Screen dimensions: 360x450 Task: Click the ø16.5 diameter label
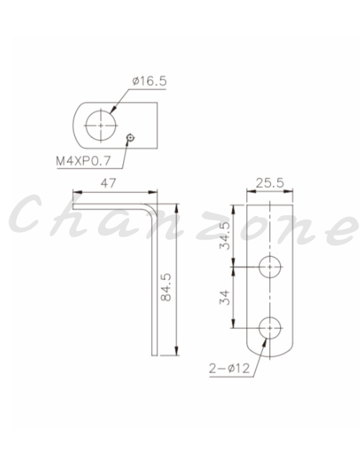coord(149,81)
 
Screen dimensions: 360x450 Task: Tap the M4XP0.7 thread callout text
coord(84,161)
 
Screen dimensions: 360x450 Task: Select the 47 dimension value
coord(109,184)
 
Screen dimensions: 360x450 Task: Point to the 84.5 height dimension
coord(166,287)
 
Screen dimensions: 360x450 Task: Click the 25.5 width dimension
coord(270,184)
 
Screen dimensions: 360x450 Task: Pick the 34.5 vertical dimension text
coord(225,235)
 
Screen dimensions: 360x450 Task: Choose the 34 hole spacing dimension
coord(225,297)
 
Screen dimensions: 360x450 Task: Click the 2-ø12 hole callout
coord(230,368)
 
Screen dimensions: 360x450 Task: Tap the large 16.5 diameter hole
coord(101,125)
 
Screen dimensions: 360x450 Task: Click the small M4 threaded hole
coord(130,138)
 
